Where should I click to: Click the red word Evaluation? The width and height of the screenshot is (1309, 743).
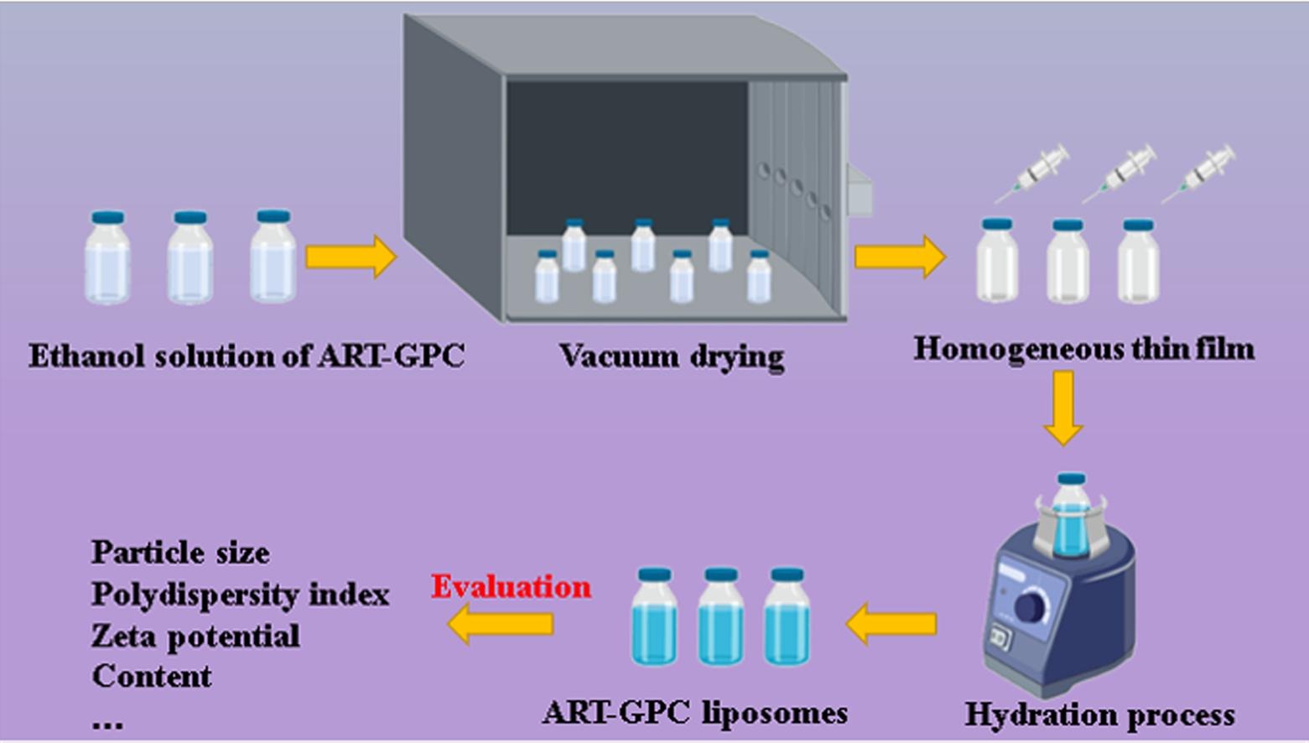click(511, 586)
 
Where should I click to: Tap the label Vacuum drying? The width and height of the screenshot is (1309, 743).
click(672, 356)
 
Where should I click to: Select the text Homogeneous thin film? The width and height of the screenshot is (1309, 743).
click(1083, 348)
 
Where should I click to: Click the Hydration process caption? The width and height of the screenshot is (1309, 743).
click(1099, 714)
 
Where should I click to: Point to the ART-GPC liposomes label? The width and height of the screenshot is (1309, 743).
click(694, 713)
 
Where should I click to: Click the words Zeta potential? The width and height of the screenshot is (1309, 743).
click(195, 636)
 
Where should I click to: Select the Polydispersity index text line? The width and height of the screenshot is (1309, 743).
click(240, 595)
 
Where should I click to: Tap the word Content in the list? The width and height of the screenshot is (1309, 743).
click(152, 676)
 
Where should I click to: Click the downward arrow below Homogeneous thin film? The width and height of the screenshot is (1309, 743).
click(1062, 408)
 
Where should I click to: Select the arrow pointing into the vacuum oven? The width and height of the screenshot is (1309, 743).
click(351, 256)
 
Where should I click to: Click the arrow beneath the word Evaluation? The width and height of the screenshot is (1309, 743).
click(501, 624)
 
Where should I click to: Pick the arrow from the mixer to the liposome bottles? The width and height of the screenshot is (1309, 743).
click(891, 624)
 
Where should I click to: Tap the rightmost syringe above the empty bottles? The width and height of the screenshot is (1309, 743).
click(1199, 174)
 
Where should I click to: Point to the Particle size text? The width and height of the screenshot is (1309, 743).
click(180, 553)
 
